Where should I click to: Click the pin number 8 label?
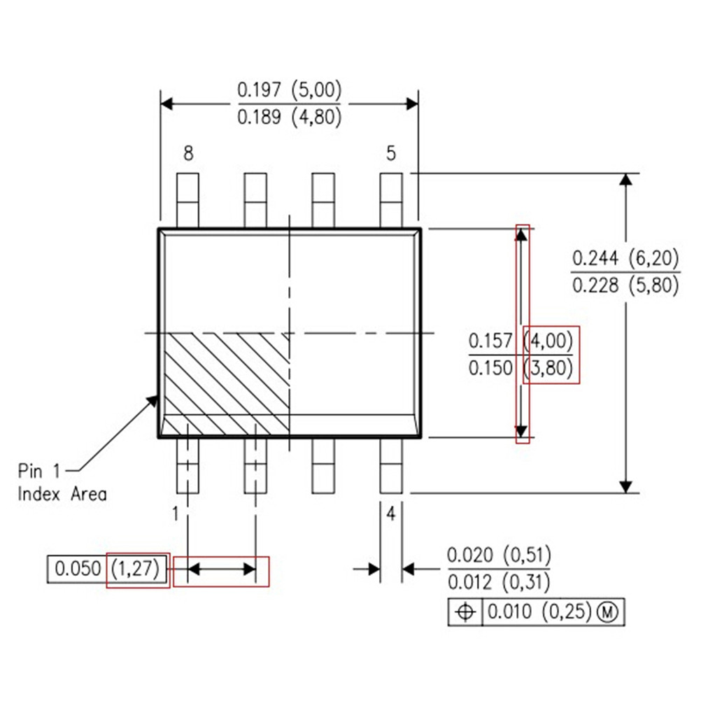[188, 153]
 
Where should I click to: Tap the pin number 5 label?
[391, 153]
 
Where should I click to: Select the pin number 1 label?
[176, 514]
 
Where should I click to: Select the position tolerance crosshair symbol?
[465, 612]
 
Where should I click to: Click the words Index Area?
[62, 494]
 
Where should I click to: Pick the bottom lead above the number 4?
[391, 466]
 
